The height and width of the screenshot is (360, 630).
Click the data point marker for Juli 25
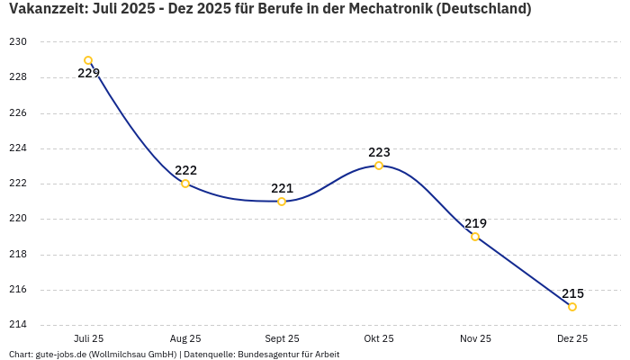click(88, 60)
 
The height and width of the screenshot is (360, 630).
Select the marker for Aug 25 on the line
click(185, 184)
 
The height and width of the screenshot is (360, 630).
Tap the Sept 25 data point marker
click(282, 202)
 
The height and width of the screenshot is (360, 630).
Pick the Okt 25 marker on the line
click(379, 166)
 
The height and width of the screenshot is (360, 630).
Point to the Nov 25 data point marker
click(475, 237)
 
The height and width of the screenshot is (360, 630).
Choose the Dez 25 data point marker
click(572, 307)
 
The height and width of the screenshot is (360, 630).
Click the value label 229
click(88, 74)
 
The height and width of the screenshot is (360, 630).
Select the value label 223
click(379, 152)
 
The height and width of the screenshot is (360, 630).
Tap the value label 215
click(572, 293)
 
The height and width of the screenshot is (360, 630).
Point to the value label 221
click(282, 188)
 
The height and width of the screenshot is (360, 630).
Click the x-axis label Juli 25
click(88, 338)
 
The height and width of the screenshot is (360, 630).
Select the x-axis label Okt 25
click(379, 338)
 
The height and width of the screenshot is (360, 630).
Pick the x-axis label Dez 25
click(572, 338)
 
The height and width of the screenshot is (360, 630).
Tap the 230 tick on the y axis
click(18, 42)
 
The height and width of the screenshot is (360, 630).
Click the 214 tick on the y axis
click(18, 325)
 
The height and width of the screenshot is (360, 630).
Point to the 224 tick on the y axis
click(18, 148)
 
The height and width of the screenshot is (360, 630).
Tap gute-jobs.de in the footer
click(61, 354)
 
